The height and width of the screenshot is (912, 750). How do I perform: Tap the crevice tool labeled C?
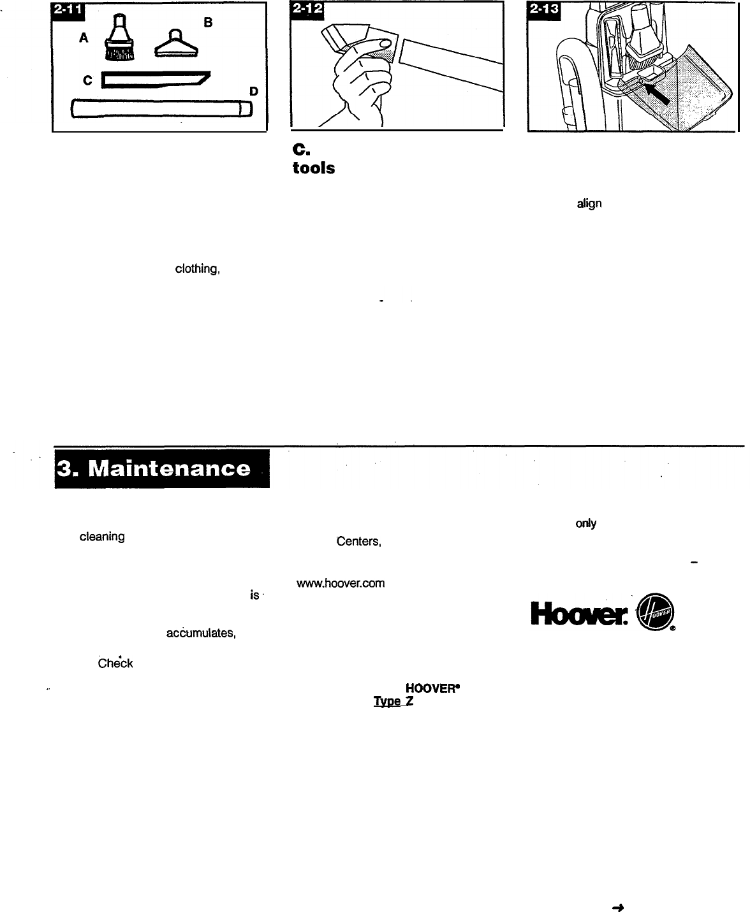coord(156,80)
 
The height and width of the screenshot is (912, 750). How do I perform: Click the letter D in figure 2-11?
coord(253,92)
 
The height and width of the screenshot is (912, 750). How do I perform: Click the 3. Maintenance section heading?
coord(162,469)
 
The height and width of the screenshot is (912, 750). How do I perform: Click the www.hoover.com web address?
coord(340,583)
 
